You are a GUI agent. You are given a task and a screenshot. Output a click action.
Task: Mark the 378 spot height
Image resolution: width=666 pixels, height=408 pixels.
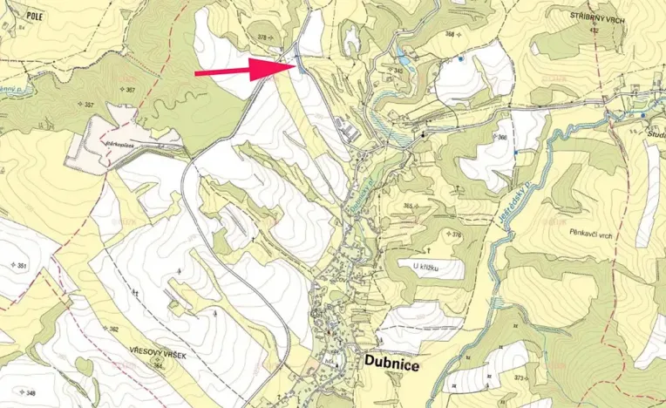262,37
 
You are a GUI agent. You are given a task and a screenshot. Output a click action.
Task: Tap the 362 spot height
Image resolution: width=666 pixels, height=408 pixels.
112,330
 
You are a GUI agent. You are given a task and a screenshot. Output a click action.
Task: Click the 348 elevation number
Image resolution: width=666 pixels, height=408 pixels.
31,394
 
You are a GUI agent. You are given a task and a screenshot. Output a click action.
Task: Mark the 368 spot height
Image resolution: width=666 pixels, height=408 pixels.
450,35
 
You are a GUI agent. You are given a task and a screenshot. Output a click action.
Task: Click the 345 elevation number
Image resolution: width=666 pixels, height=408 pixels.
398,70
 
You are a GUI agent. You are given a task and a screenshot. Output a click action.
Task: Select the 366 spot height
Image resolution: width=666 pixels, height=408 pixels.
502,138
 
